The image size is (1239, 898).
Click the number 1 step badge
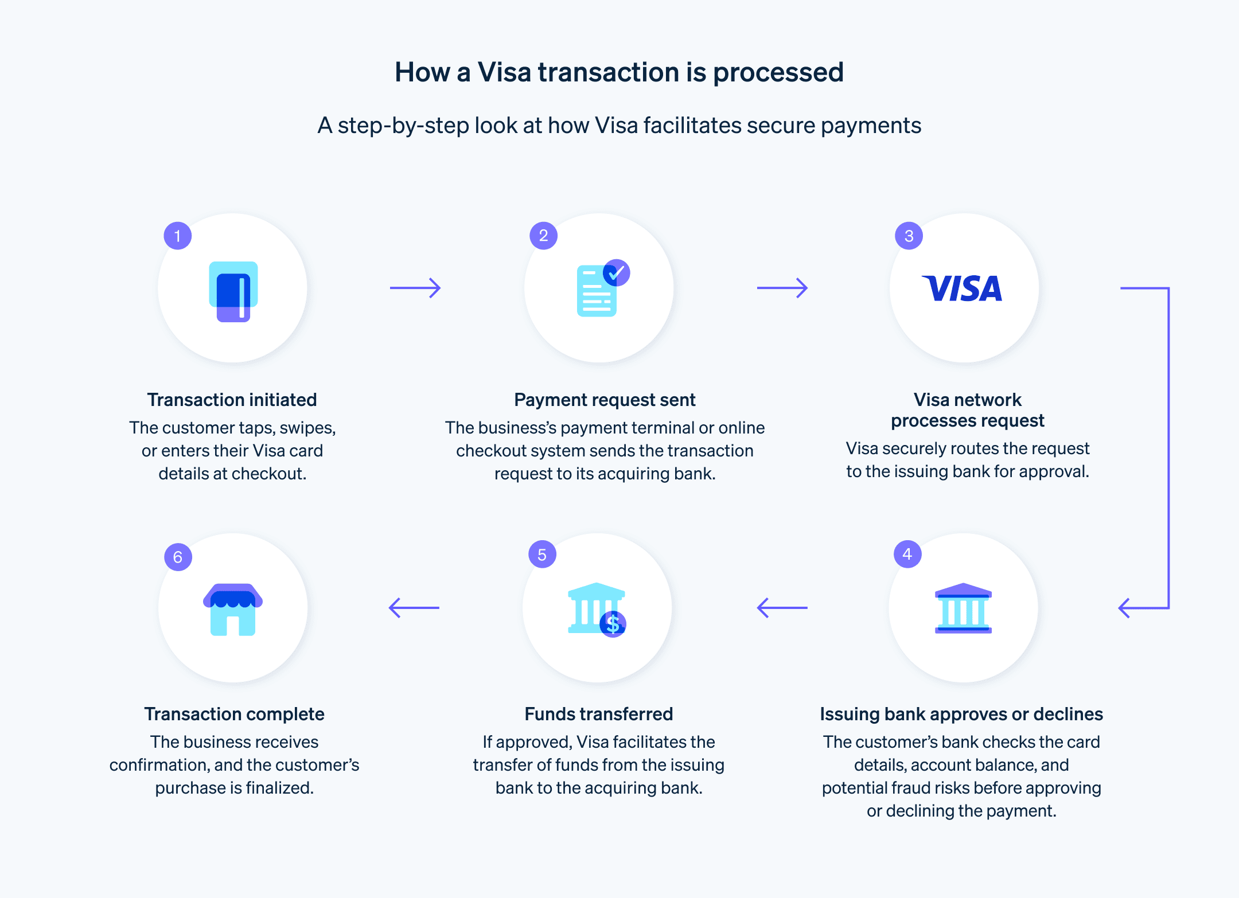point(178,236)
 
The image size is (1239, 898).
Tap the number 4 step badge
point(907,554)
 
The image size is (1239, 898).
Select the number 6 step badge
point(178,557)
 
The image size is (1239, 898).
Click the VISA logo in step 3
point(963,288)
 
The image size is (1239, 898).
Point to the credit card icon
point(233,291)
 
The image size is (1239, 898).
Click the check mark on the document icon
point(617,273)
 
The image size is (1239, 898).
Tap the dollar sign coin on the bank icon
point(613,624)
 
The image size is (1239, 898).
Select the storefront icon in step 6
point(233,609)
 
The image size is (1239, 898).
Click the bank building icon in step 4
point(963,608)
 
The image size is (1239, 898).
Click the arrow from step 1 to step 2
point(415,288)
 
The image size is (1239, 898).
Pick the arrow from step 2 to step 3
point(782,288)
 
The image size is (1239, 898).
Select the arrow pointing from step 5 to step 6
point(414,608)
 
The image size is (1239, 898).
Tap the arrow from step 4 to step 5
point(782,608)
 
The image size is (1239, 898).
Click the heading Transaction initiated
point(232,400)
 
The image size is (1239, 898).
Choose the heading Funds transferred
point(598,714)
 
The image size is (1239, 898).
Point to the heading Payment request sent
point(605,400)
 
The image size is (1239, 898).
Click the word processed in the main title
point(778,73)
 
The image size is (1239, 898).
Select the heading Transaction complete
point(234,714)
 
